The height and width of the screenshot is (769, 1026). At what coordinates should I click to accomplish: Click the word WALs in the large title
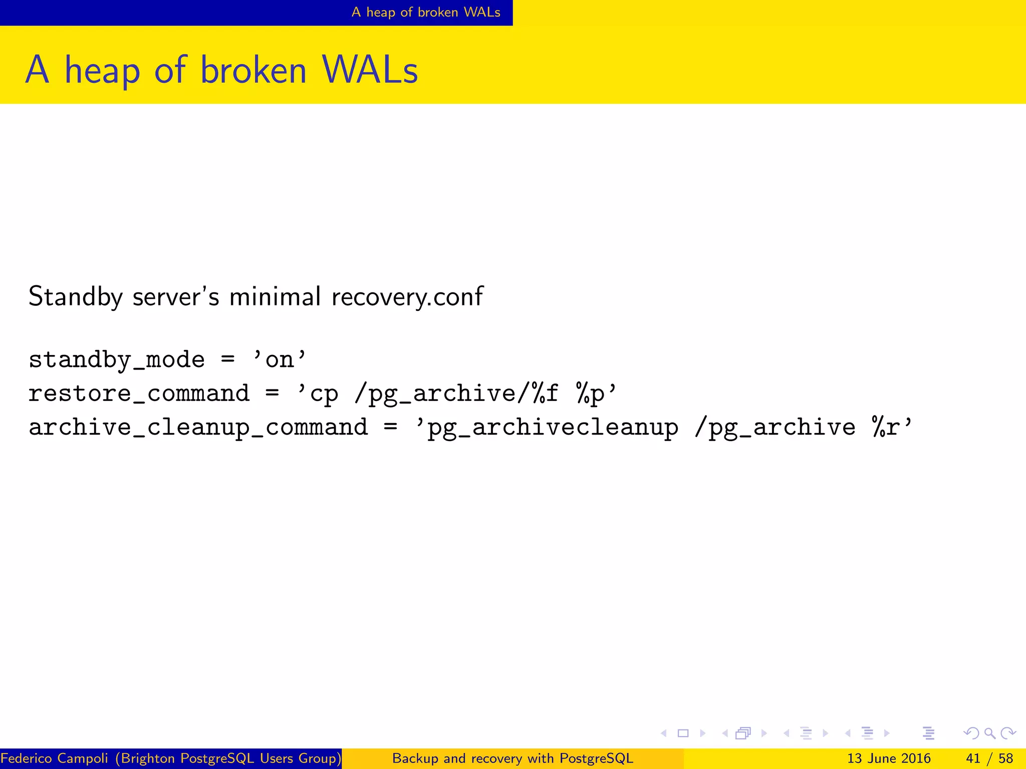[x=370, y=70]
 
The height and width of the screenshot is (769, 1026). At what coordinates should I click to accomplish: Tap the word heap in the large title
[x=102, y=71]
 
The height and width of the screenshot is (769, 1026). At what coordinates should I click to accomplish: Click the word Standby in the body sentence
[x=75, y=296]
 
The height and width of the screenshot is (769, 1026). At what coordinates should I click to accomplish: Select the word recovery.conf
[x=407, y=296]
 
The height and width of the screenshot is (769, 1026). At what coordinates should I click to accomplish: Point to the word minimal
[x=275, y=296]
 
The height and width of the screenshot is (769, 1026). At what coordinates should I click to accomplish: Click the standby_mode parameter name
[x=117, y=360]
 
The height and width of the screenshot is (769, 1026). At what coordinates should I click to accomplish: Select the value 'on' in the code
[x=280, y=360]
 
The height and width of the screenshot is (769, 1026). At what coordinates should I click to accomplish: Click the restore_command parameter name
[x=139, y=394]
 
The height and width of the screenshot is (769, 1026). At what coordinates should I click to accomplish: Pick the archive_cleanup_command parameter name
[x=198, y=427]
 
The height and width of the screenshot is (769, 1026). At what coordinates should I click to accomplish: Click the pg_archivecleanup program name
[x=553, y=428]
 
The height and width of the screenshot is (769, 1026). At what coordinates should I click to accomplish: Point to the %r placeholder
[x=886, y=427]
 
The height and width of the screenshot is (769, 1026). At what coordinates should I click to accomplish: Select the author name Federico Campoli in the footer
[x=54, y=758]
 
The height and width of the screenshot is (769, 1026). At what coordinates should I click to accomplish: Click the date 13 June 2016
[x=889, y=758]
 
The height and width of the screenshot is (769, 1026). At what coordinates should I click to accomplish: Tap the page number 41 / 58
[x=989, y=758]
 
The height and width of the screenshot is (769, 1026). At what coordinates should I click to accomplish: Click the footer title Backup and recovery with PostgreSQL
[x=512, y=758]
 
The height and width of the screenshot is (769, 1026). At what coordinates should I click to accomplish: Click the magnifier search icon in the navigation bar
[x=989, y=733]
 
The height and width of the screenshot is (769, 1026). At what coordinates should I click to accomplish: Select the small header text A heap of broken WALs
[x=426, y=12]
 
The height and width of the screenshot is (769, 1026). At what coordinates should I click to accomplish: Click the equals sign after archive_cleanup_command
[x=390, y=427]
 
